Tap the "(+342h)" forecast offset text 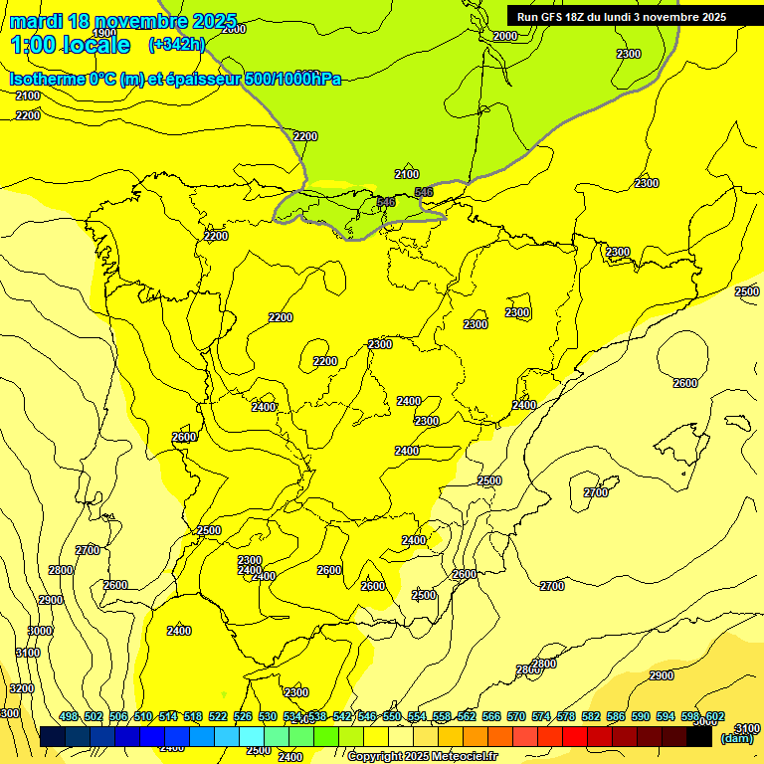click(x=176, y=44)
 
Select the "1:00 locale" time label click(x=70, y=45)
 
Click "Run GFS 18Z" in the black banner click(x=558, y=17)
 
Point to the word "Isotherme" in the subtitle click(x=47, y=80)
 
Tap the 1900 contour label click(x=104, y=61)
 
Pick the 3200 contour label click(x=21, y=688)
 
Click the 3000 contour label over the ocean click(x=40, y=631)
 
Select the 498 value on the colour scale click(x=69, y=716)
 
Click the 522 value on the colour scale click(x=218, y=716)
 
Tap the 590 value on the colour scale click(x=641, y=716)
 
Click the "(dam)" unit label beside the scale click(x=736, y=738)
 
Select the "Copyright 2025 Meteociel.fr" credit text click(x=422, y=757)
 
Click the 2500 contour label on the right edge click(x=747, y=291)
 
